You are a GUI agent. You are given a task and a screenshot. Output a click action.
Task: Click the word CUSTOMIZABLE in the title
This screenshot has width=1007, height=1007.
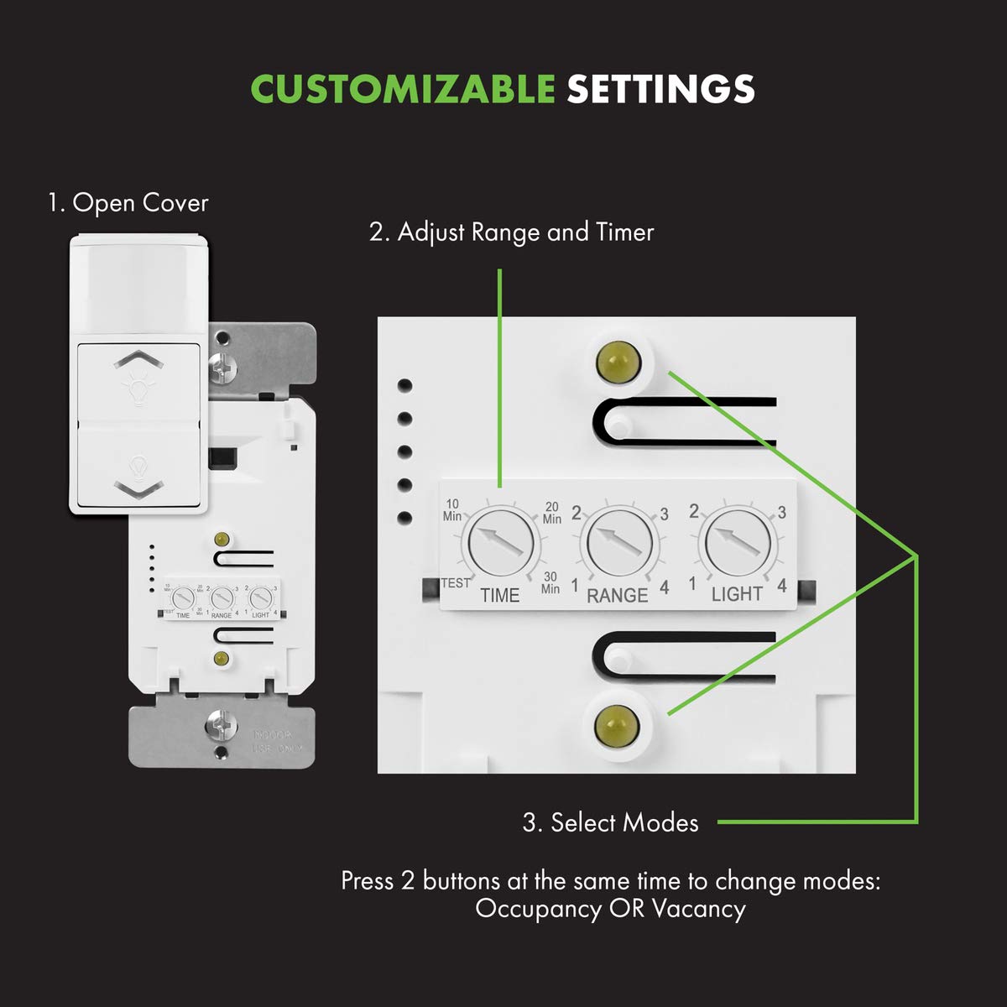(x=403, y=89)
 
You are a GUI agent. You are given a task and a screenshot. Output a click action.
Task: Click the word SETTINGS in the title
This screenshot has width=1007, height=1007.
(x=660, y=89)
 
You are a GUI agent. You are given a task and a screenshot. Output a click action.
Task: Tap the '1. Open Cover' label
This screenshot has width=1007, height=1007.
(x=128, y=203)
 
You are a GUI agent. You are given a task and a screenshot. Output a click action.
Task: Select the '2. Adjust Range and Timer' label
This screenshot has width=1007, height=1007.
(x=511, y=232)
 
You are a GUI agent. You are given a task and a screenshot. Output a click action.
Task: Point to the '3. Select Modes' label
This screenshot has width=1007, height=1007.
(x=610, y=822)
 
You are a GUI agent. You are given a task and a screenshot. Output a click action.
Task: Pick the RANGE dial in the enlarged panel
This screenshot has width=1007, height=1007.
(x=619, y=541)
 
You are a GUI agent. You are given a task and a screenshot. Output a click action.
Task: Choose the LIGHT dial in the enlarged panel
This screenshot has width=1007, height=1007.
(x=738, y=541)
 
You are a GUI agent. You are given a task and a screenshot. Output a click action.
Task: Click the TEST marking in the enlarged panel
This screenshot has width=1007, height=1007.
(x=456, y=583)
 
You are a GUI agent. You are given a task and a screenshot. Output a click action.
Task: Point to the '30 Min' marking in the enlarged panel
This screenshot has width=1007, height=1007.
(x=550, y=582)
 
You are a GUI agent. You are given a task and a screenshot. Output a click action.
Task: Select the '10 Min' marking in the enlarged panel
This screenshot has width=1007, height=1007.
(x=452, y=510)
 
